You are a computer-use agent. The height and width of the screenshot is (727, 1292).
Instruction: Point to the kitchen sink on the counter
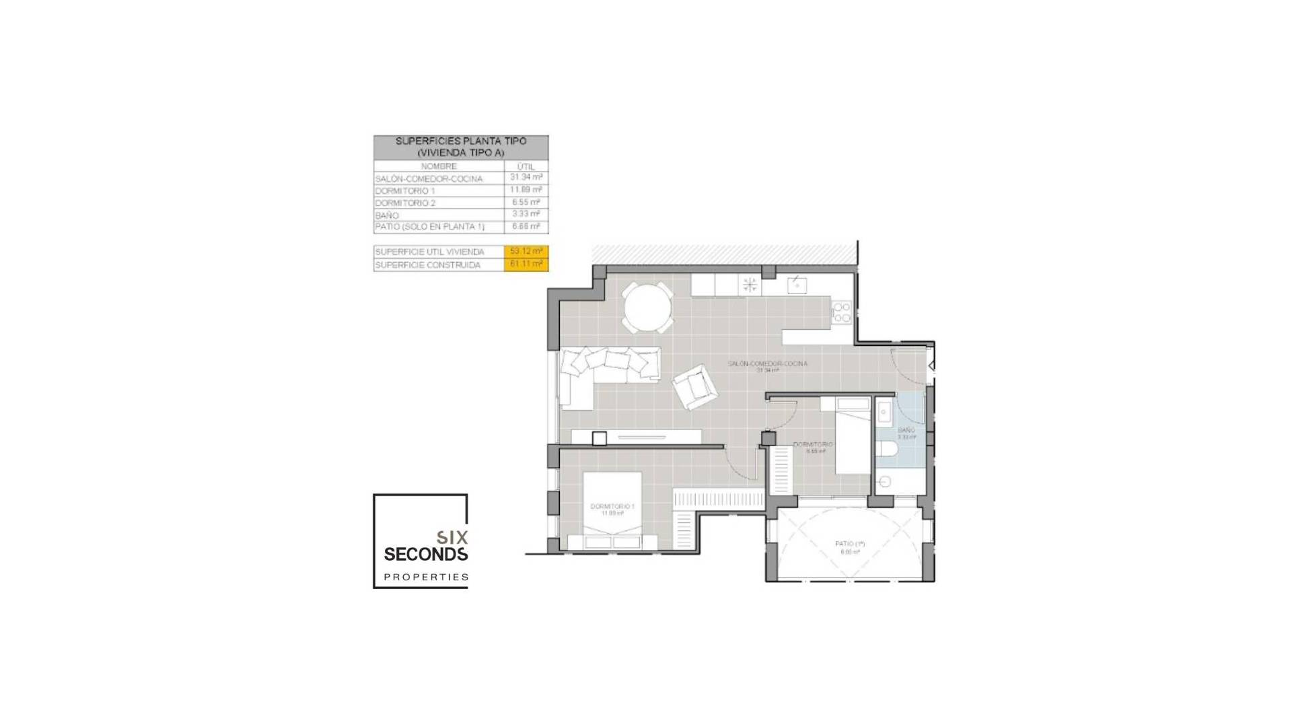(797, 285)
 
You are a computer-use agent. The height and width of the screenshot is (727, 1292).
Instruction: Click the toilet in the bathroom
(887, 448)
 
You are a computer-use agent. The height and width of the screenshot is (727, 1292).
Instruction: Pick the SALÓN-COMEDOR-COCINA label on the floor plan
(767, 363)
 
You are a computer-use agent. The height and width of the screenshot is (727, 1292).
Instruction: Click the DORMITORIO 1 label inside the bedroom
(612, 506)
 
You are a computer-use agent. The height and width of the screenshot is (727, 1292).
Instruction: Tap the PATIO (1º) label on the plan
(850, 544)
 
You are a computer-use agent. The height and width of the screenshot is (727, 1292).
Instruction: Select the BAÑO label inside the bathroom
(906, 430)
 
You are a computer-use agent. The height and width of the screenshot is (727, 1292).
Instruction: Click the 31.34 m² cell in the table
(526, 178)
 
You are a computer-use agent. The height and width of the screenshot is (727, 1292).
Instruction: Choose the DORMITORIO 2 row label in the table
(406, 203)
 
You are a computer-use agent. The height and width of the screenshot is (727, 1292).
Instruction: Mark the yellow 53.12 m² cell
(526, 251)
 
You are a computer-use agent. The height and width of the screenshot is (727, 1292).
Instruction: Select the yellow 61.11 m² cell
(526, 265)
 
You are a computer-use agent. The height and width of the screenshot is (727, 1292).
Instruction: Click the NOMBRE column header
(439, 166)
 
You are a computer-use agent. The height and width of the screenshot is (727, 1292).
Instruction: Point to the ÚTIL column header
(526, 166)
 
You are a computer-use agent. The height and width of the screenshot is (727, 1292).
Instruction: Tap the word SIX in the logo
(452, 537)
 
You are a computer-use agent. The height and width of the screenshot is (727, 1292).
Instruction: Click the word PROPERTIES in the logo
(426, 577)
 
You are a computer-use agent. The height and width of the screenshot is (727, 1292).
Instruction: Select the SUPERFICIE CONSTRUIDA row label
(428, 265)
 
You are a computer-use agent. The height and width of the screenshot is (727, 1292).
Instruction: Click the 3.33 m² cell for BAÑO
(526, 214)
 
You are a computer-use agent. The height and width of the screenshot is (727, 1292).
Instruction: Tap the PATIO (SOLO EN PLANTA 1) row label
(430, 227)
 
